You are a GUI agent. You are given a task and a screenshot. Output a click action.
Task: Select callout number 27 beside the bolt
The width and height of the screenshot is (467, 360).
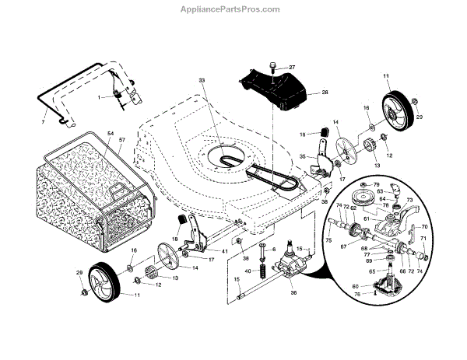pos(293,68)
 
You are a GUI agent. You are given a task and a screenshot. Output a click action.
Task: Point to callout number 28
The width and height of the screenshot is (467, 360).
pos(325,93)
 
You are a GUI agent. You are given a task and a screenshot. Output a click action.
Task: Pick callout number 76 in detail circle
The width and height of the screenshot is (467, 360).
pos(357,295)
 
